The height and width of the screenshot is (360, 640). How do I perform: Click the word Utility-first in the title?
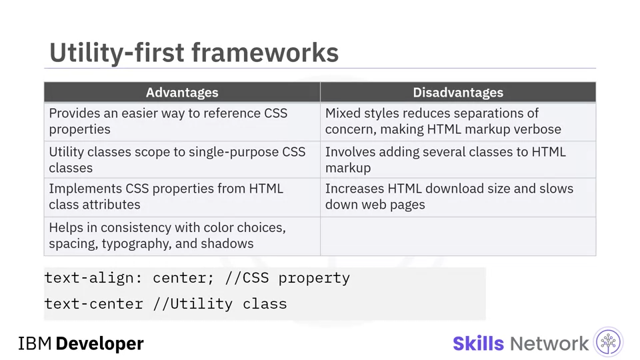(x=117, y=53)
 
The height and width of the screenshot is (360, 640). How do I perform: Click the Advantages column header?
(x=182, y=92)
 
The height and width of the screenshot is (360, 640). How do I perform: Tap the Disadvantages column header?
(x=458, y=92)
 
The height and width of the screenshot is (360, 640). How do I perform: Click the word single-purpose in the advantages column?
(x=234, y=152)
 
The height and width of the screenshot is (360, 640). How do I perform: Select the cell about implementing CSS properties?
(x=182, y=197)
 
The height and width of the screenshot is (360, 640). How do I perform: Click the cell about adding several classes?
(x=458, y=159)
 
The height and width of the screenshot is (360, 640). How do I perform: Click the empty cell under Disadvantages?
(x=458, y=236)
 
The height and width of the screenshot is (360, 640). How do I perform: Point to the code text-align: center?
(x=129, y=278)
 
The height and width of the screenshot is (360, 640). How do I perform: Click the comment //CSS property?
(x=287, y=279)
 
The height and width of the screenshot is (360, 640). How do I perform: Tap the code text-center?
(x=93, y=304)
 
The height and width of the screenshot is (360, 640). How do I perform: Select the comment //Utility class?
(x=219, y=305)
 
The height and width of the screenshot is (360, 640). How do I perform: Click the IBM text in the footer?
(x=35, y=344)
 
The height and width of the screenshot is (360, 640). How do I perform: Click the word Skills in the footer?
(x=479, y=344)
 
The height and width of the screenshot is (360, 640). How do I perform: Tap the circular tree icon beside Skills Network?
(x=608, y=342)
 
